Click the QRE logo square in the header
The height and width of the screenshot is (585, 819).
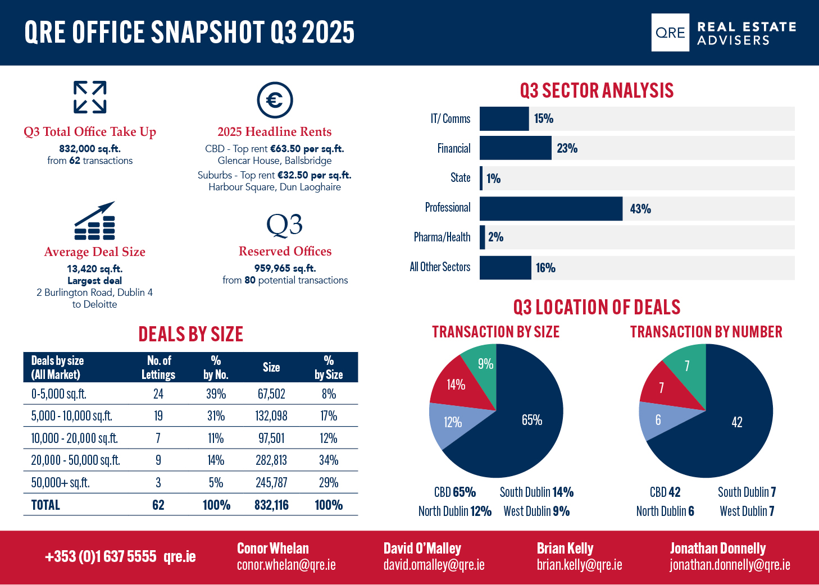[x=670, y=33]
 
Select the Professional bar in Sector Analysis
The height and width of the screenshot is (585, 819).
[x=550, y=208]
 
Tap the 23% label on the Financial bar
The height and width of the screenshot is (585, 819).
[x=567, y=148]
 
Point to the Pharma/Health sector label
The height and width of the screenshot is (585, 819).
[x=442, y=237]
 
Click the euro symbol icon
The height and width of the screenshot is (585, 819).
[x=275, y=100]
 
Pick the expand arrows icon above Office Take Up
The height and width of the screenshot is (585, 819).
[x=90, y=97]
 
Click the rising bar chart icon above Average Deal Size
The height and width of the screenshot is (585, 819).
[x=94, y=221]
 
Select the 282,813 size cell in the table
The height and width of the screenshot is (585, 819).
[x=271, y=460]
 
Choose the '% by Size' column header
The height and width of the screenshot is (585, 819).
[x=329, y=367]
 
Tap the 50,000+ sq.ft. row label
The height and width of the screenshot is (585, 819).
[x=60, y=483]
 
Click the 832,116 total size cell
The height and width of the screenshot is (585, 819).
[x=271, y=505]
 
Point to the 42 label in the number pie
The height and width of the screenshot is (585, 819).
[x=737, y=422]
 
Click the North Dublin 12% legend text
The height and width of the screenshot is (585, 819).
[x=455, y=511]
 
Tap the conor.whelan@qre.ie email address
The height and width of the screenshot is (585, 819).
[x=286, y=565]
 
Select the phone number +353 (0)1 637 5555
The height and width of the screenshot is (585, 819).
[x=101, y=556]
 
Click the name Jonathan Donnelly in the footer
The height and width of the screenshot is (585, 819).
[x=718, y=549]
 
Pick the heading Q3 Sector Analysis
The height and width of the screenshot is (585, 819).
[x=597, y=90]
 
